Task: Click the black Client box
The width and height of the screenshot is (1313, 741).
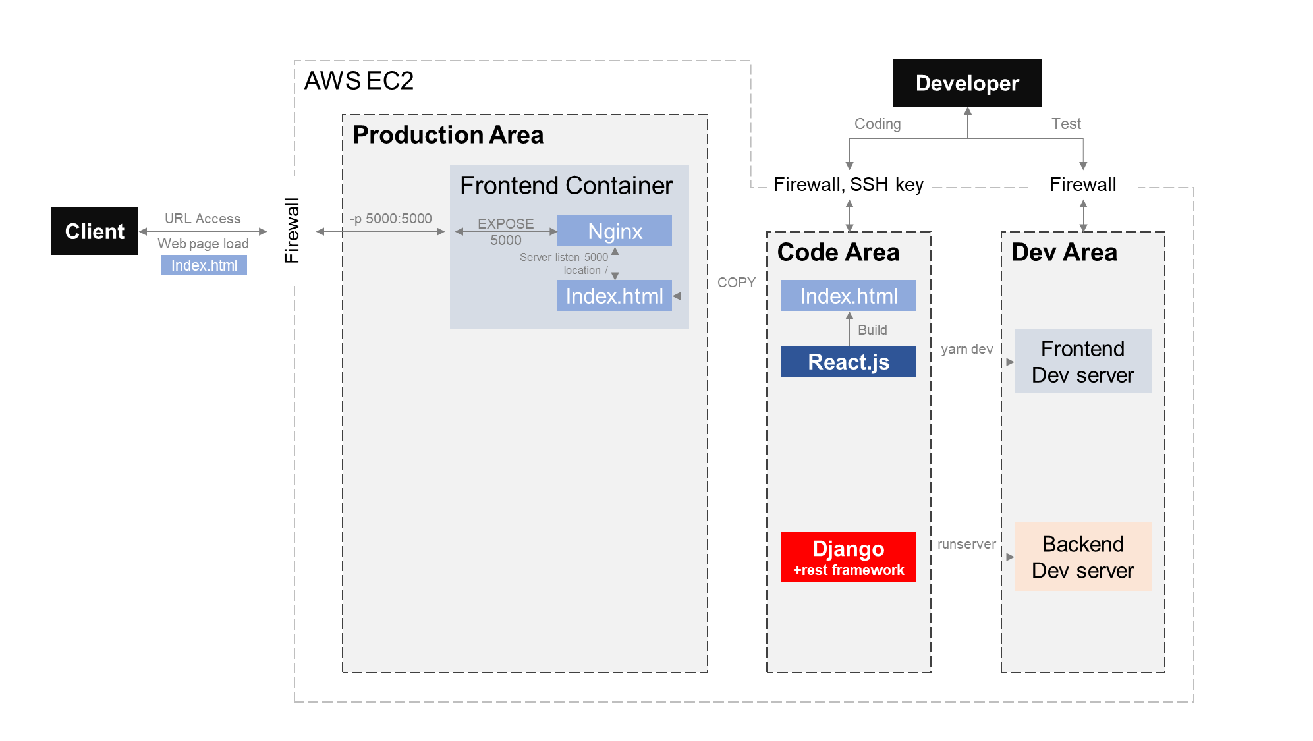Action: click(x=95, y=231)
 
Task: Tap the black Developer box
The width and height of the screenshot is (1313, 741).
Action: click(x=966, y=83)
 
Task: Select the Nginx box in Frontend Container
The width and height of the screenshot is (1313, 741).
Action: click(x=614, y=231)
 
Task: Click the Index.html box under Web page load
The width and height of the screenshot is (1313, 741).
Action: click(x=204, y=265)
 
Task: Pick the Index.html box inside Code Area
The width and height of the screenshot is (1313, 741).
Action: click(x=849, y=296)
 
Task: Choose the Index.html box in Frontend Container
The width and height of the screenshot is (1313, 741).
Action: click(x=614, y=296)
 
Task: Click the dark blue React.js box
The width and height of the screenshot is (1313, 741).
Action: click(x=849, y=362)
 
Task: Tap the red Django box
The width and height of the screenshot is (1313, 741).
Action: click(x=849, y=557)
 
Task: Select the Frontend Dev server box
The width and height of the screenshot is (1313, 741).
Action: click(x=1082, y=362)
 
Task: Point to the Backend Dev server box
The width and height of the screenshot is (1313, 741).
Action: click(x=1082, y=557)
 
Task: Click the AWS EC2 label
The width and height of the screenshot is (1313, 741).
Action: click(x=359, y=81)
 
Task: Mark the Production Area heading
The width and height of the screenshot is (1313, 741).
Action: click(x=448, y=135)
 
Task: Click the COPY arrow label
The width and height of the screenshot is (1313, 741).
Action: click(x=736, y=283)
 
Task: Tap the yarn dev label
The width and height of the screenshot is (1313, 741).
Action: click(x=966, y=349)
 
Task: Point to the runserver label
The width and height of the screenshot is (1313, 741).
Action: click(x=966, y=544)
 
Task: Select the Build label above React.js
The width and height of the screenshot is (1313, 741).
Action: click(x=872, y=330)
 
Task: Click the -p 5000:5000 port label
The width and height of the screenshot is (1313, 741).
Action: click(x=391, y=219)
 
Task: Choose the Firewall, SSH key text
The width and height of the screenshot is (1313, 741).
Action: click(x=849, y=184)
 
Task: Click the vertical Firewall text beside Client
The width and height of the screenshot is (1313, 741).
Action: click(x=292, y=231)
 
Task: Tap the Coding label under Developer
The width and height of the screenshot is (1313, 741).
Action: click(x=878, y=124)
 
